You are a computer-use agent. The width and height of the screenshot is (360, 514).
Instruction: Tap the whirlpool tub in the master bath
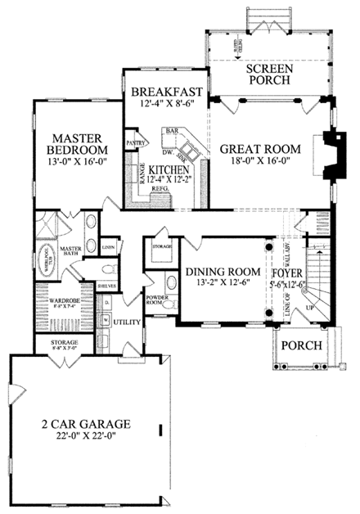29,255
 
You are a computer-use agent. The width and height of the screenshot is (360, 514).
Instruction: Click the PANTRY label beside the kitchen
135,141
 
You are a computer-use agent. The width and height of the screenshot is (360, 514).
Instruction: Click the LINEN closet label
107,246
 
